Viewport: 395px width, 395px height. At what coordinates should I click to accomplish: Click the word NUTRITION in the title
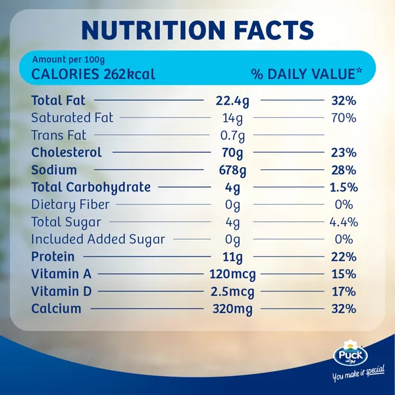coord(153,30)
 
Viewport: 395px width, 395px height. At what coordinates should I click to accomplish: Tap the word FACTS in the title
coord(274,30)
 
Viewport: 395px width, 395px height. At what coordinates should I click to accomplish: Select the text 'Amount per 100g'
coord(68,60)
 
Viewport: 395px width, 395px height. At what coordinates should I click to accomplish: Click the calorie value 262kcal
coord(129,74)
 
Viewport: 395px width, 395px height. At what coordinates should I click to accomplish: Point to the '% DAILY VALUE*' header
coord(307,74)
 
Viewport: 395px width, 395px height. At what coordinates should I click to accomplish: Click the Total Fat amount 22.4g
coord(232,101)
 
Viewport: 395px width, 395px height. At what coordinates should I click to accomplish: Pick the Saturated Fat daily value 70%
coord(344,118)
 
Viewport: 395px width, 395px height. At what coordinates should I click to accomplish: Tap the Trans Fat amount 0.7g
coord(232,136)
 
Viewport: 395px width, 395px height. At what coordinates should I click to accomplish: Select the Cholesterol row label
coord(66,152)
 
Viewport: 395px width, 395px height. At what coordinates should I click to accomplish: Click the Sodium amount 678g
coord(232,171)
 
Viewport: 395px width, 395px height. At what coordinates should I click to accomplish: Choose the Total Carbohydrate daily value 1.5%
coord(344,187)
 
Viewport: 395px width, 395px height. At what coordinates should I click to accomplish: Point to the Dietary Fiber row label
coord(70,205)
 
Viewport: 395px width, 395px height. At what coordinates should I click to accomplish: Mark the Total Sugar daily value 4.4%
coord(344,222)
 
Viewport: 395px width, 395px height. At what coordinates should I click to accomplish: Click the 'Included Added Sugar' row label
coord(98,240)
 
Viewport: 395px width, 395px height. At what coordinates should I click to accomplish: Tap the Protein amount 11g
coord(232,257)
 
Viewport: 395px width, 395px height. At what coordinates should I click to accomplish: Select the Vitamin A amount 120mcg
coord(232,275)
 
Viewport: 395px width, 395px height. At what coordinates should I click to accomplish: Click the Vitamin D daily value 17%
coord(344,292)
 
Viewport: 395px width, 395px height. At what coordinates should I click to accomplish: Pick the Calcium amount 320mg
coord(232,309)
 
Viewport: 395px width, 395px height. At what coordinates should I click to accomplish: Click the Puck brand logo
coord(350,352)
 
